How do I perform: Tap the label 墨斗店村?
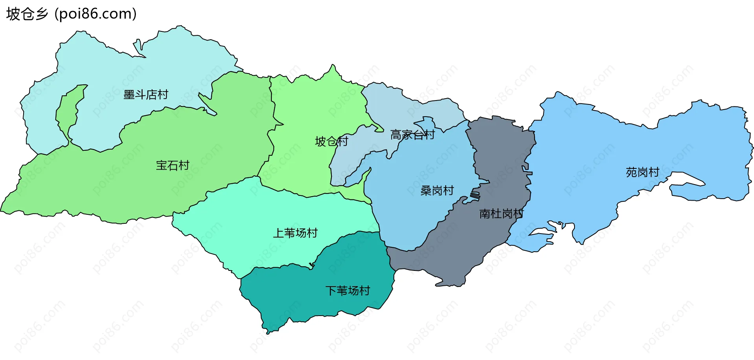(x=146, y=95)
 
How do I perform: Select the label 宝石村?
(x=172, y=165)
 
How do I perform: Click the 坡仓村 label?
(x=331, y=141)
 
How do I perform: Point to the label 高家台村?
(x=412, y=135)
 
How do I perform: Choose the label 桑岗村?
(x=437, y=191)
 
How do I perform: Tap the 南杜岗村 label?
(x=501, y=214)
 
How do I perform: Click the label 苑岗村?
(x=642, y=172)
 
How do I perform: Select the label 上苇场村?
(x=295, y=233)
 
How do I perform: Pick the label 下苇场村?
(x=348, y=291)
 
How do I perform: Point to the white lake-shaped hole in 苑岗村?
(x=687, y=180)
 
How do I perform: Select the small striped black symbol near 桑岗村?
(x=475, y=195)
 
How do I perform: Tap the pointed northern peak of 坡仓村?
(x=333, y=67)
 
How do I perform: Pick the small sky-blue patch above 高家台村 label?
(x=426, y=122)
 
